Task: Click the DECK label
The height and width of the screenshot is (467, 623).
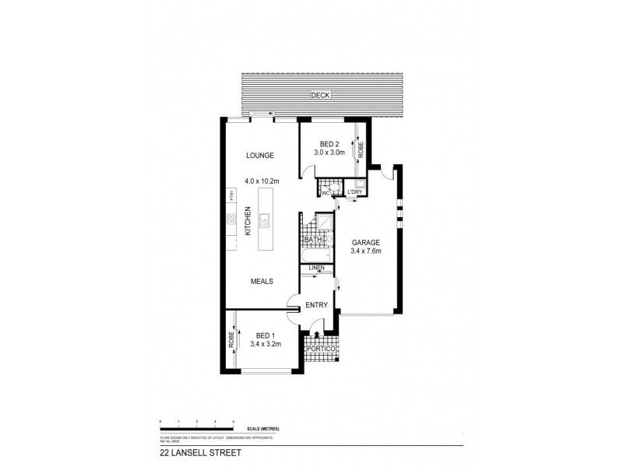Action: click(320, 95)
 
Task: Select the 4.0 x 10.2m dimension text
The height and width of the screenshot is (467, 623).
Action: click(262, 181)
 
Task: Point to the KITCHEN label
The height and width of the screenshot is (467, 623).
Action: click(248, 221)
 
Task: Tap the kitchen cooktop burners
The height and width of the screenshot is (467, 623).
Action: click(231, 221)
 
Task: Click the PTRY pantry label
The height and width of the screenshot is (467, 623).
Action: click(231, 195)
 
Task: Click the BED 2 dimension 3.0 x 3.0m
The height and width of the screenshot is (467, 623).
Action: click(329, 154)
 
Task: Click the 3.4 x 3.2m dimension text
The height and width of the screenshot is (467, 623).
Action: click(266, 343)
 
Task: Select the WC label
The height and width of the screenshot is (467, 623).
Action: click(325, 191)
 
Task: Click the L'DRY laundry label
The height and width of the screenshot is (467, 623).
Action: click(355, 191)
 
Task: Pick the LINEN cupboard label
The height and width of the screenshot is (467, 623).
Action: click(316, 269)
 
